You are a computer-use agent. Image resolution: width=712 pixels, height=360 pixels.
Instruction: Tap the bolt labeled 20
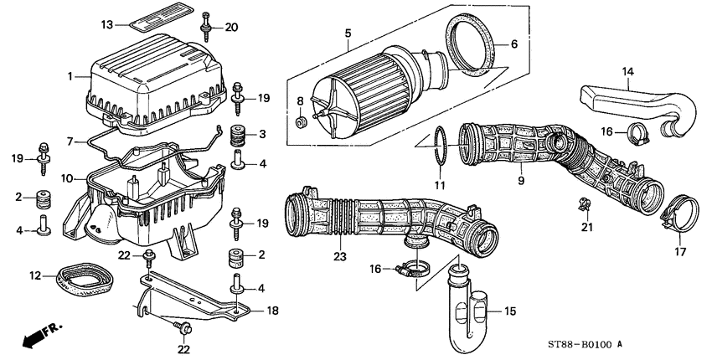point(205,29)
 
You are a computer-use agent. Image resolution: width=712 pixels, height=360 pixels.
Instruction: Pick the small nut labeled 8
point(300,124)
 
